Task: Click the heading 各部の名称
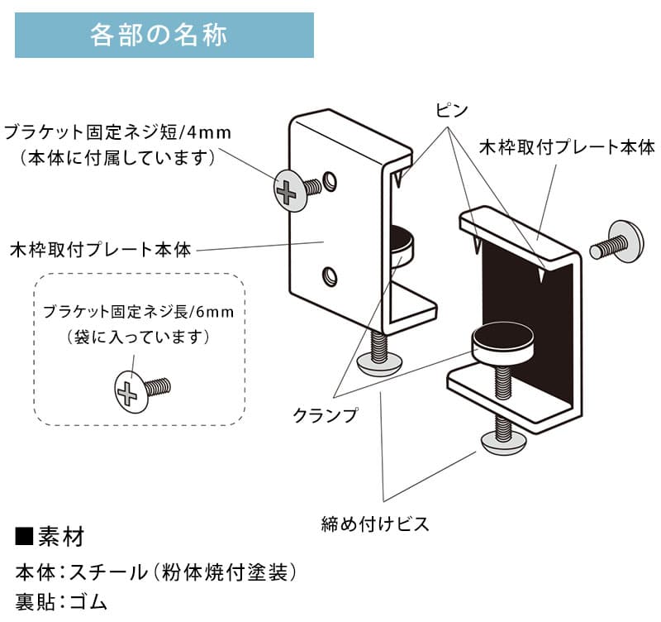(164, 36)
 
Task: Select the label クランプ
(326, 415)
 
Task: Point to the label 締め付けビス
(375, 524)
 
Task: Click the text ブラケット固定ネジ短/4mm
(117, 132)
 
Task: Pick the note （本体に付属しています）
(117, 156)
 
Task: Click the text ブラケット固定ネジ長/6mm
(139, 312)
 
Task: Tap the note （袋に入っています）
(139, 337)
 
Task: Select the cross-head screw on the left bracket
(288, 189)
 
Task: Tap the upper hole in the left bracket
(331, 180)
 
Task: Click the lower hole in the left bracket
(330, 275)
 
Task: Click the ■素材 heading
(50, 537)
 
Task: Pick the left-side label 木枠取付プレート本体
(99, 249)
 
